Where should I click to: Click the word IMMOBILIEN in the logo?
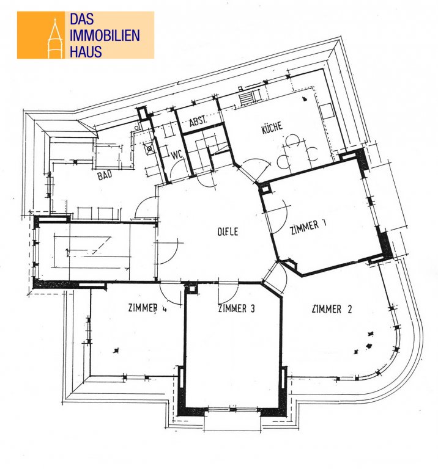pos(105,35)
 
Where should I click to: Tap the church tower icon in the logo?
pos(55,38)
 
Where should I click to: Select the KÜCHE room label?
pos(272,128)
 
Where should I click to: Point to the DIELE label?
pos(228,231)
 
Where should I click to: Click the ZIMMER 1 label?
pos(308,227)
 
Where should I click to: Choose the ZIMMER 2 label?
pos(332,308)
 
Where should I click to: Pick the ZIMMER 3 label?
pos(236,308)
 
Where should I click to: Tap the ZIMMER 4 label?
pos(147,308)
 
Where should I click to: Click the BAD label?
pos(105,175)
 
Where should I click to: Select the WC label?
pos(177,155)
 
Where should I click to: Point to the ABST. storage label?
pos(198,121)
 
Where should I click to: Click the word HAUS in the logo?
pos(86,51)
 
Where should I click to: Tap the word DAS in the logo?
pos(82,19)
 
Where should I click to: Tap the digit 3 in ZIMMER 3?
pos(253,308)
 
